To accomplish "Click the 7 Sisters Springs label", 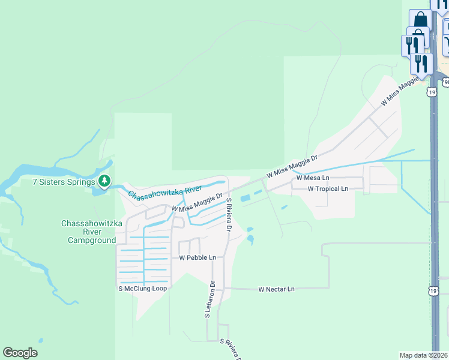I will [64, 182].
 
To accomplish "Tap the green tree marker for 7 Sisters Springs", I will [104, 181].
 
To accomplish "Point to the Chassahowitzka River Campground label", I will [88, 232].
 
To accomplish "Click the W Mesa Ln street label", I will [313, 178].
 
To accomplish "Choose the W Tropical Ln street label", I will [328, 188].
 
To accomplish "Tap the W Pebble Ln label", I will [197, 257].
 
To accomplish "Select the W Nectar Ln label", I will [277, 289].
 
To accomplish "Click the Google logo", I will [20, 352].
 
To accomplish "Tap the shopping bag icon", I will [420, 19].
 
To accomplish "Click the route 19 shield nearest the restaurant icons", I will [432, 92].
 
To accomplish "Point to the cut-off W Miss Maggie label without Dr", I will [399, 92].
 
